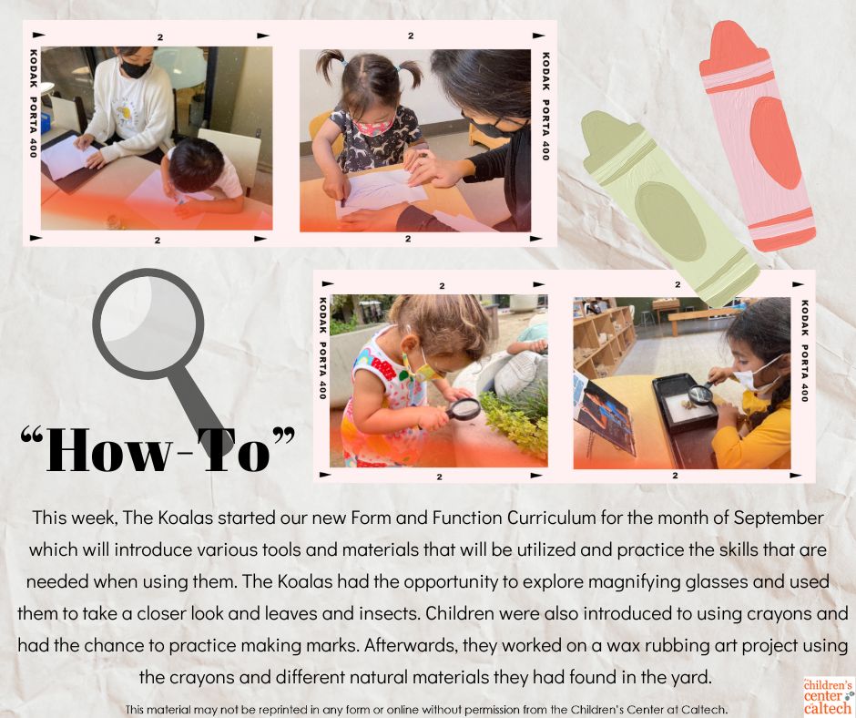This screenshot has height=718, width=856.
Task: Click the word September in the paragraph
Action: pos(778,518)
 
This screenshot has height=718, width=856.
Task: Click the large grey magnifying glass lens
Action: pos(148,324)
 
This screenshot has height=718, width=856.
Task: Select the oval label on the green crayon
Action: pos(670,221)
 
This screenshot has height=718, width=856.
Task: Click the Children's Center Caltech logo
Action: pos(828,696)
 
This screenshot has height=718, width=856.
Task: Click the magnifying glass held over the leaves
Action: pos(463,409)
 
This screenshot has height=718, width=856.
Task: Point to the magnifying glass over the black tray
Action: pos(700,394)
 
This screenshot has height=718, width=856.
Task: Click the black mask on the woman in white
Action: pos(135,69)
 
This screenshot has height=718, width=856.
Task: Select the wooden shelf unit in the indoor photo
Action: pos(603,338)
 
